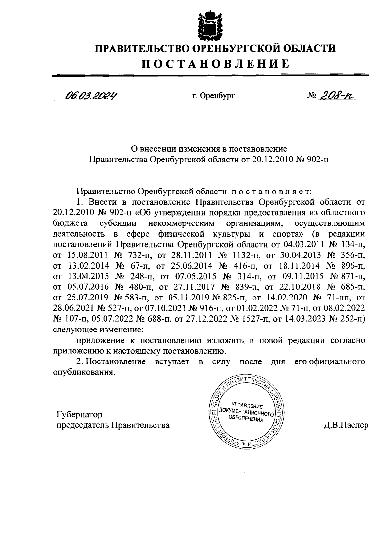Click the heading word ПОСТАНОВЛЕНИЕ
[x=215, y=64]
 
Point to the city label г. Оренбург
[x=213, y=96]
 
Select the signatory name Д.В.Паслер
[x=345, y=425]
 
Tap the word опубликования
[x=84, y=372]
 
